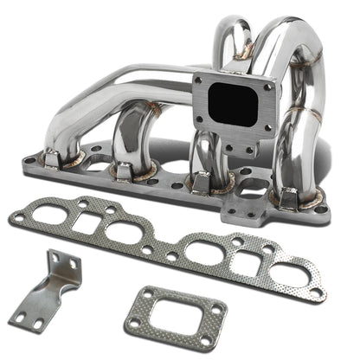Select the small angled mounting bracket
[61, 289]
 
